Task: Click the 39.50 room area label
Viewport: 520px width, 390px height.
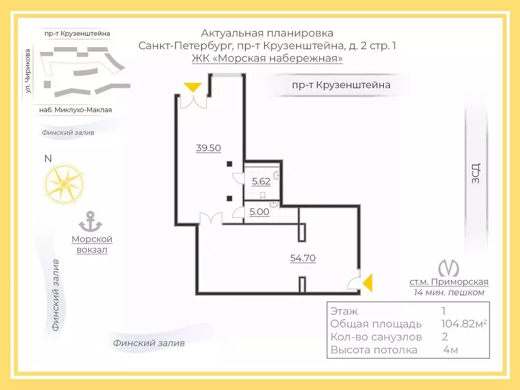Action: coord(208,148)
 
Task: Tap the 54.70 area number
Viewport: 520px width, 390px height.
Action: coord(303,258)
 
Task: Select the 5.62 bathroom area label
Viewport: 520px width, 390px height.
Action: coord(261,181)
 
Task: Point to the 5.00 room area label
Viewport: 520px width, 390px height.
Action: coord(259,212)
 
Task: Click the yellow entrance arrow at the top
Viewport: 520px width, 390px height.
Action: coord(193,87)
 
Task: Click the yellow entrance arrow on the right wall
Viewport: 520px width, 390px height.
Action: coord(368,283)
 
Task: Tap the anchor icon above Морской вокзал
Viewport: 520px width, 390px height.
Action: coord(90,221)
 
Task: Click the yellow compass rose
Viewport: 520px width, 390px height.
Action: coord(63,184)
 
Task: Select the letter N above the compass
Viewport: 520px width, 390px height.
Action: coord(48,158)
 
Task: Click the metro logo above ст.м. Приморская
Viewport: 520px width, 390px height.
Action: coord(448,268)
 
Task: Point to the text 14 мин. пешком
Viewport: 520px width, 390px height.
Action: coord(449,292)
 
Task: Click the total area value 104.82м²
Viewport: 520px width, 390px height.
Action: coord(464,323)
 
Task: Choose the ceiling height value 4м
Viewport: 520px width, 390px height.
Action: coord(451,350)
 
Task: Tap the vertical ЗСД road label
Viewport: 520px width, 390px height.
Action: coord(475,173)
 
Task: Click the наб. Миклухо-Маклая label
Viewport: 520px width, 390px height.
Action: coord(76,110)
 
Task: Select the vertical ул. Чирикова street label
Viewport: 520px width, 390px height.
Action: coord(28,71)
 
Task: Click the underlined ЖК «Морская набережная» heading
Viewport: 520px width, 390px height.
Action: coord(267,58)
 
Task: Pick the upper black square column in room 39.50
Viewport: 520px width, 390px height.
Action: coord(230,164)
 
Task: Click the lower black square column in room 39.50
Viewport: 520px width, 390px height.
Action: coord(230,199)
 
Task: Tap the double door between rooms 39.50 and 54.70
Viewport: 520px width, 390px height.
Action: coord(211,219)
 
